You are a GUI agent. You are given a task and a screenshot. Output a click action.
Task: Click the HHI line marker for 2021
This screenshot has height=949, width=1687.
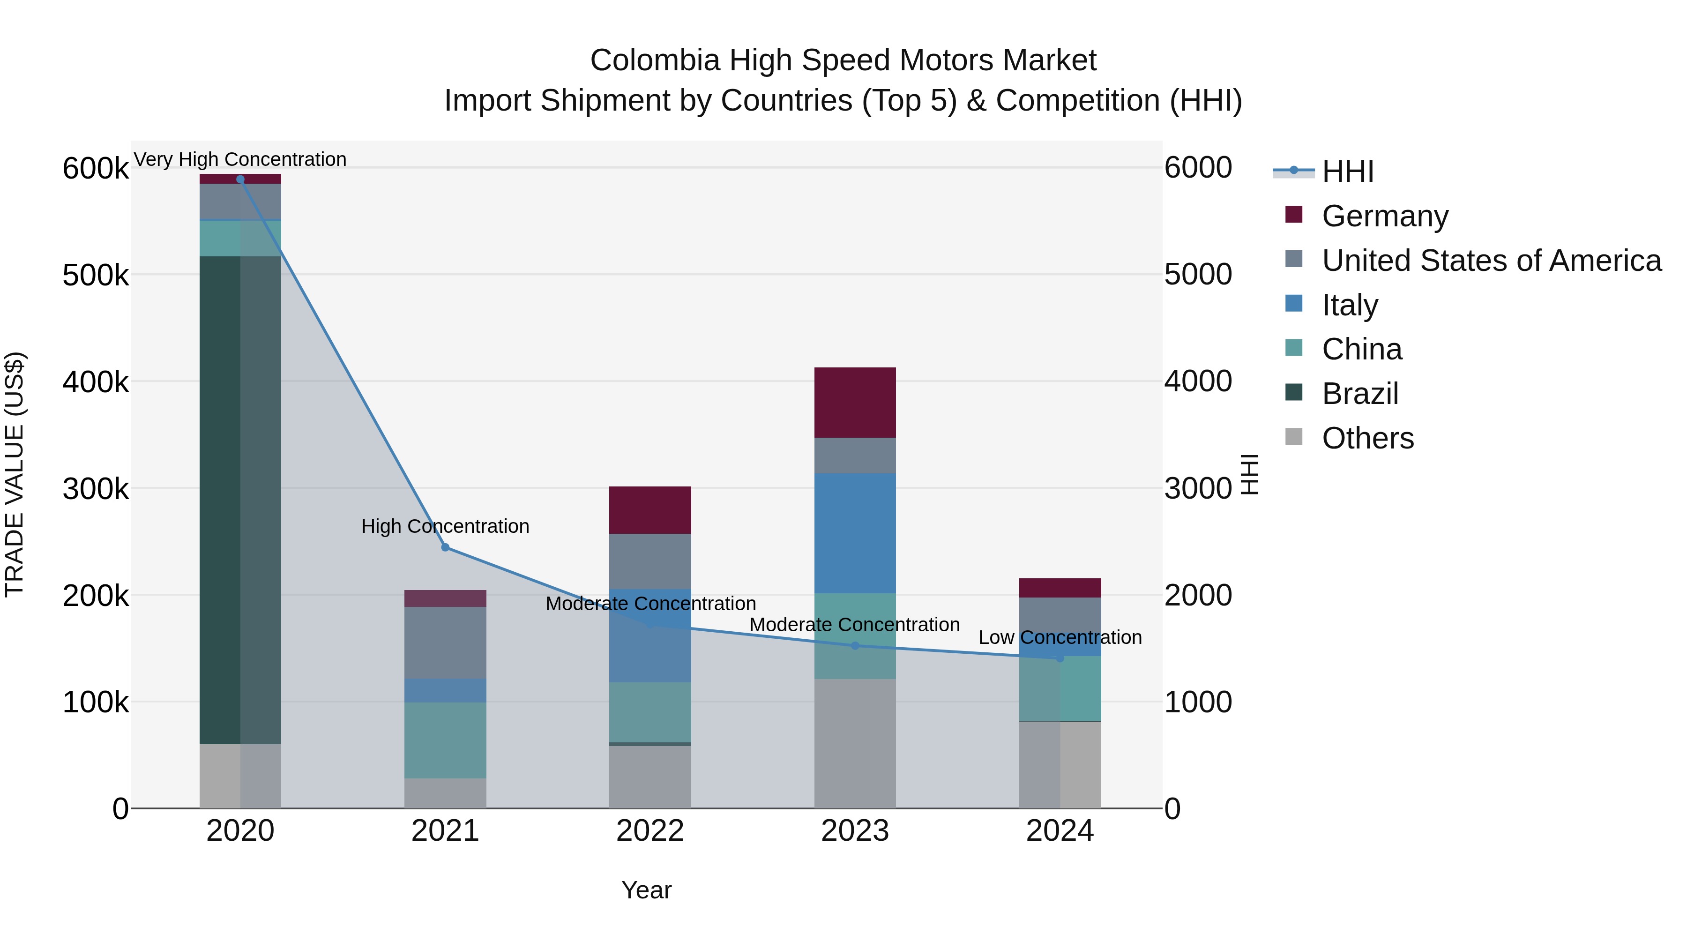[x=445, y=547]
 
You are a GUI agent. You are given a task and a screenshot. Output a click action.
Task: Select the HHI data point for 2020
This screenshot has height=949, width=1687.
[x=240, y=179]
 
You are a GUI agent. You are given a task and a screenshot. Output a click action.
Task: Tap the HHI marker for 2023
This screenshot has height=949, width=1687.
[x=855, y=646]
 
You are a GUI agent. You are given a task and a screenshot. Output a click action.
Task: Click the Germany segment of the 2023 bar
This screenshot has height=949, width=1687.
[x=855, y=402]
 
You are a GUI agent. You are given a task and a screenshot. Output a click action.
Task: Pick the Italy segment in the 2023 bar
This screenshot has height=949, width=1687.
[x=855, y=533]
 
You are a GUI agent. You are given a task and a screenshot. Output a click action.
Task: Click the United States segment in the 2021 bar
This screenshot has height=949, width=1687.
[x=445, y=643]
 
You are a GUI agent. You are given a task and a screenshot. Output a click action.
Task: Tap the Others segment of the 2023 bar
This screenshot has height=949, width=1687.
[x=855, y=743]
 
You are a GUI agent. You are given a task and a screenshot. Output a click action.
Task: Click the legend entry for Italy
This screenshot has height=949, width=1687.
[x=1350, y=305]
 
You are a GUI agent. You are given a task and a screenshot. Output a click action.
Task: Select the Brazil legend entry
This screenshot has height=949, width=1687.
[x=1359, y=394]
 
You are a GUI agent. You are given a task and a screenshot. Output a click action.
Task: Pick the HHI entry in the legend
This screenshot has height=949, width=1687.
[x=1347, y=172]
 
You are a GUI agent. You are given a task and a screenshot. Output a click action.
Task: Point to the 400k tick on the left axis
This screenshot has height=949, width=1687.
[x=96, y=382]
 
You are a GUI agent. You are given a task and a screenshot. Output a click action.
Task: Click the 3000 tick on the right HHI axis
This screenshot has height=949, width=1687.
[x=1198, y=489]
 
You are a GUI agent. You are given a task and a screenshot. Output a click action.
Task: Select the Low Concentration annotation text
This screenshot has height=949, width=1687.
[x=1060, y=637]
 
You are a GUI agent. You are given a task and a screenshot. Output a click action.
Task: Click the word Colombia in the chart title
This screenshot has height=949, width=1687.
[x=655, y=60]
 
